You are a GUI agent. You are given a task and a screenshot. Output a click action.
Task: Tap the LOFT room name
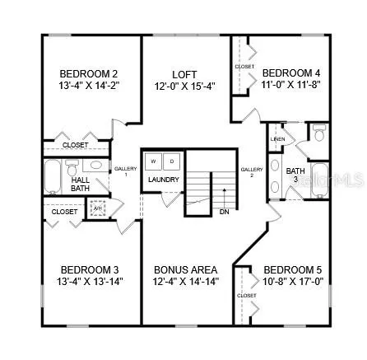[184, 73]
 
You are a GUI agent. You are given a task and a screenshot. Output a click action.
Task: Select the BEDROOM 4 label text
[290, 72]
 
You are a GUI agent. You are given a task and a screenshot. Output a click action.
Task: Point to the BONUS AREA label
[186, 269]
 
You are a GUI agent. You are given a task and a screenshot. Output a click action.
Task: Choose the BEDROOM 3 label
[90, 269]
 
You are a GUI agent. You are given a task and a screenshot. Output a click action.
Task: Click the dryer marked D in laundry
[172, 161]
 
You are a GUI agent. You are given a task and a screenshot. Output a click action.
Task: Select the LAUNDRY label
[164, 180]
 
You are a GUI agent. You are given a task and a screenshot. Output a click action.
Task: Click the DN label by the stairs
[225, 212]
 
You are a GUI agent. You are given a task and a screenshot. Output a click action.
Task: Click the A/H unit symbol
[98, 208]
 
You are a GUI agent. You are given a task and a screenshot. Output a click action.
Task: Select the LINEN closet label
[277, 138]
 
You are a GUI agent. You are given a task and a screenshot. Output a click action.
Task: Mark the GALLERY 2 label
[250, 172]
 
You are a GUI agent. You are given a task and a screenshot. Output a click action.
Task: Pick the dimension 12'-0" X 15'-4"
[184, 85]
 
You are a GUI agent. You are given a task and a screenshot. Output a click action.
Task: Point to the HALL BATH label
[81, 184]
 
